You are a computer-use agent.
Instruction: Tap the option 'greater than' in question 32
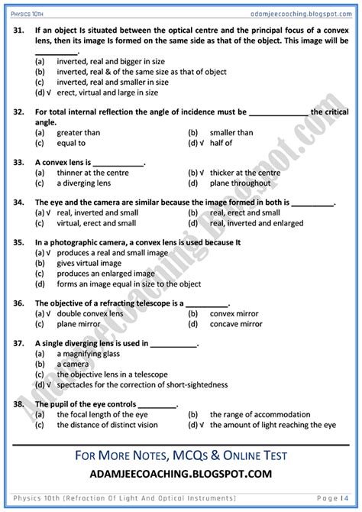[x=78, y=132]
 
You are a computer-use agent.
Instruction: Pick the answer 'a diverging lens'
[x=83, y=183]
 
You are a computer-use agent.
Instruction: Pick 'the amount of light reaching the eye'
[x=272, y=425]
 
